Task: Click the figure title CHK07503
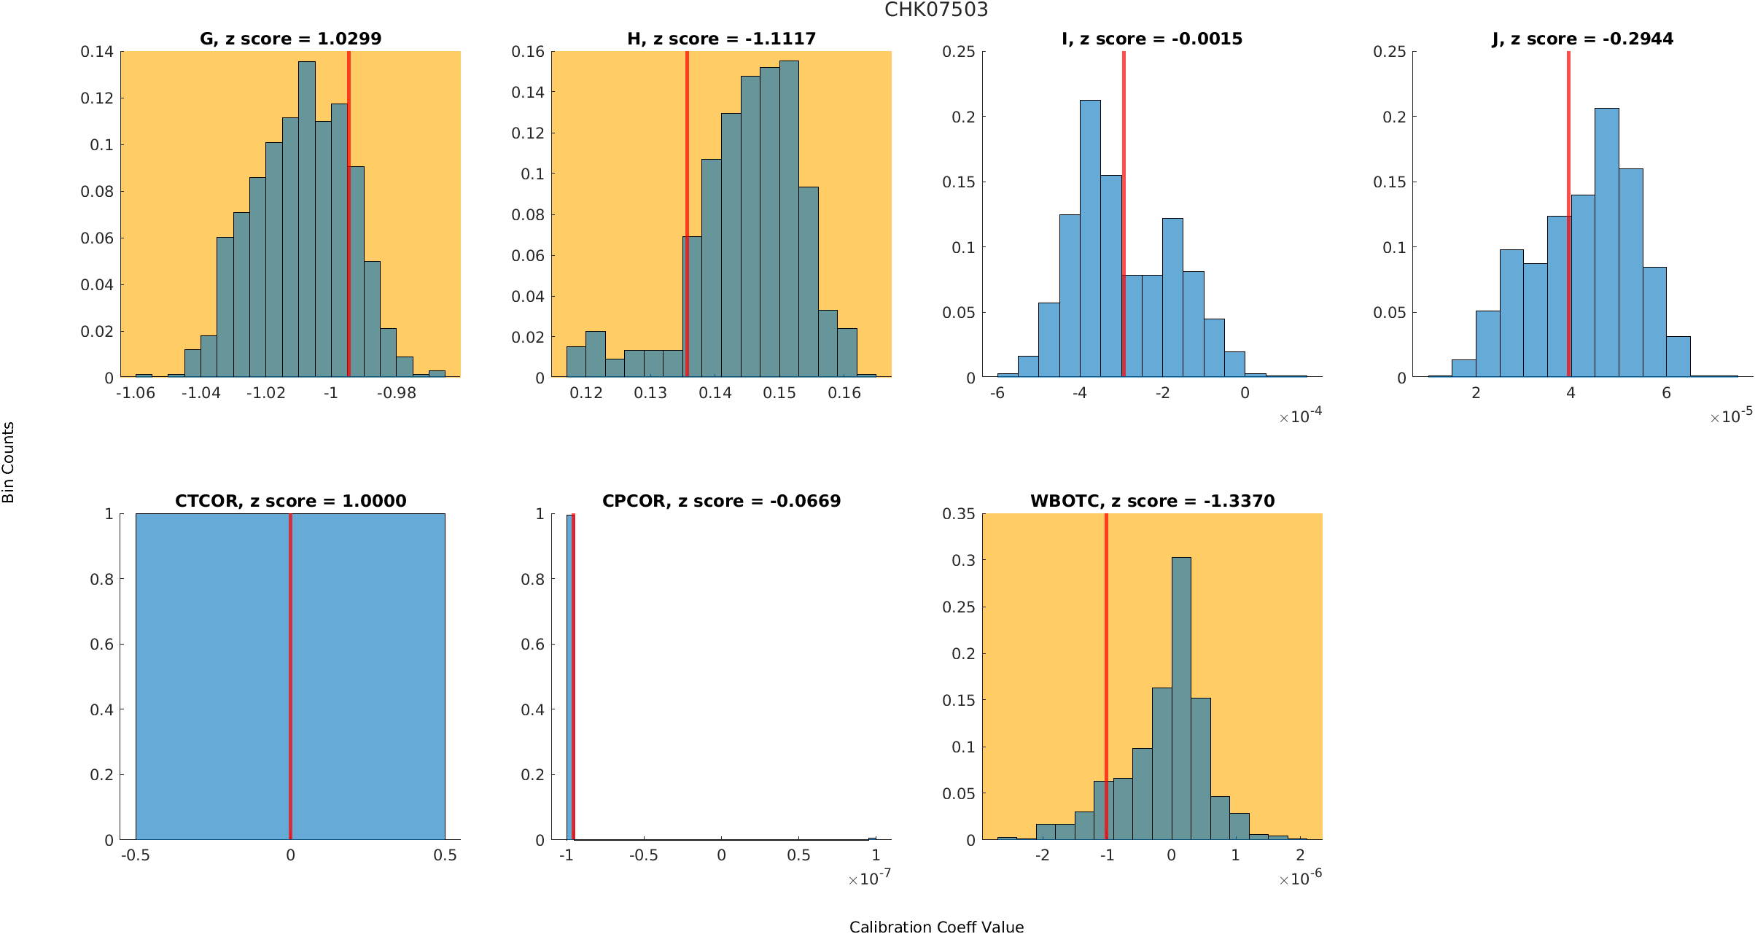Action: (936, 10)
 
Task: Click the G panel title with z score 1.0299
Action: (290, 39)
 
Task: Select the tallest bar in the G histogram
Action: (307, 219)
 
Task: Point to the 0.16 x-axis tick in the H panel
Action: (844, 393)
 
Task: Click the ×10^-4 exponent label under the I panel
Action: (1301, 416)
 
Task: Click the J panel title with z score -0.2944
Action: (1582, 39)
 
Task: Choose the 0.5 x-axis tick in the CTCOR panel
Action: (445, 855)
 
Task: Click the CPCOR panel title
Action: (721, 501)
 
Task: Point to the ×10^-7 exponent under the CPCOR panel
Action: (870, 879)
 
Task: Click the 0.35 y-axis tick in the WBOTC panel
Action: (958, 514)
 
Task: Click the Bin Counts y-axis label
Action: (9, 462)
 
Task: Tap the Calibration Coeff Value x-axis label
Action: (936, 927)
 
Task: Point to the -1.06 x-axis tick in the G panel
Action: (136, 393)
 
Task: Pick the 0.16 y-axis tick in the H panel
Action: (528, 52)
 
